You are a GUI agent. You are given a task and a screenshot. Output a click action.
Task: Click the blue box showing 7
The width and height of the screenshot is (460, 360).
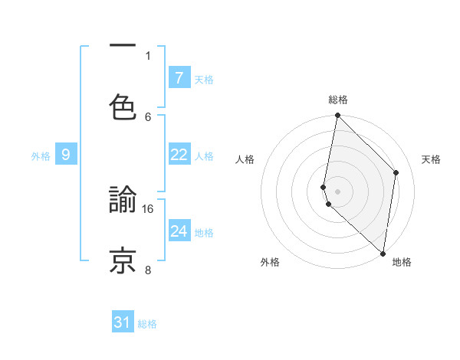pyautogui.click(x=179, y=77)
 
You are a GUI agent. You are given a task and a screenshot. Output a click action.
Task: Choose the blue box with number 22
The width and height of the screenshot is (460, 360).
pyautogui.click(x=179, y=155)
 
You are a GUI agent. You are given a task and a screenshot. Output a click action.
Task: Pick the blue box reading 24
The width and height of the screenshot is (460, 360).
pyautogui.click(x=179, y=231)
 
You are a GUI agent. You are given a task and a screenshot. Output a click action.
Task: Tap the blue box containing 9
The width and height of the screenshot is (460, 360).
pyautogui.click(x=66, y=155)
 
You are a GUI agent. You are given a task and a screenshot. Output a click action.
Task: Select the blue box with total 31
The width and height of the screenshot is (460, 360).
pyautogui.click(x=123, y=322)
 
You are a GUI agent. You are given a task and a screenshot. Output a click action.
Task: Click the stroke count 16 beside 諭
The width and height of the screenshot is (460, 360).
pyautogui.click(x=149, y=208)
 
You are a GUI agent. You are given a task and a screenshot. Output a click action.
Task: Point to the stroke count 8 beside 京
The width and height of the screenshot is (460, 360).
pyautogui.click(x=148, y=270)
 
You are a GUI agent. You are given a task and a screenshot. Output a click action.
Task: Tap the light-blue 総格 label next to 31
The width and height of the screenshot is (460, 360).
pyautogui.click(x=147, y=324)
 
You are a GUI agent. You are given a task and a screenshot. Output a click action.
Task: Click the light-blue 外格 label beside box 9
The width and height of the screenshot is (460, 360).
pyautogui.click(x=41, y=156)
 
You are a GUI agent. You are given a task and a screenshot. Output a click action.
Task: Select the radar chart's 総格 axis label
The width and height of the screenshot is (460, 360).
pyautogui.click(x=338, y=100)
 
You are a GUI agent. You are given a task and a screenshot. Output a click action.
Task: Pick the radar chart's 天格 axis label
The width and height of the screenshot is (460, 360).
pyautogui.click(x=432, y=159)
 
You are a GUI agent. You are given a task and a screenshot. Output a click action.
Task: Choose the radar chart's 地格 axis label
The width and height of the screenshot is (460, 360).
pyautogui.click(x=402, y=262)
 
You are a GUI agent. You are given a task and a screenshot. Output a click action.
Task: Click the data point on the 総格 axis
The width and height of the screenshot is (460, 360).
pyautogui.click(x=337, y=116)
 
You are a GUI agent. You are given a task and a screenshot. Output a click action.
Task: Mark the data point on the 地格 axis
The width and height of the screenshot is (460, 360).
pyautogui.click(x=383, y=253)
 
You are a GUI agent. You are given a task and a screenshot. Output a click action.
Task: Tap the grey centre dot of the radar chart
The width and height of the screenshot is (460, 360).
pyautogui.click(x=337, y=191)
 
